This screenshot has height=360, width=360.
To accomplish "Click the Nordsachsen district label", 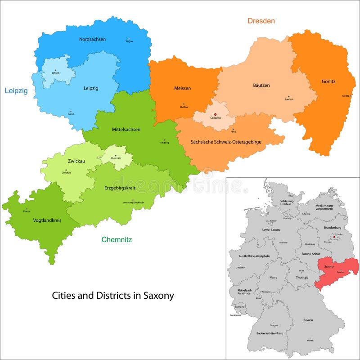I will pyautogui.click(x=92, y=39).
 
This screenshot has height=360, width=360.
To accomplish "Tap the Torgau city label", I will pyautogui.click(x=129, y=41).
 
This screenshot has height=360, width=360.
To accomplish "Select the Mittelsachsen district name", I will pyautogui.click(x=126, y=130).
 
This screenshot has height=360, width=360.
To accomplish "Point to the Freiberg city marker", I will pyautogui.click(x=164, y=140).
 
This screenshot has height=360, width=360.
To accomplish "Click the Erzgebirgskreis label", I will pyautogui.click(x=120, y=188).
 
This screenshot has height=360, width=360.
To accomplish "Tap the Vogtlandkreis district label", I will pyautogui.click(x=47, y=220).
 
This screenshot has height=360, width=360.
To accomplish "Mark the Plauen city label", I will pyautogui.click(x=27, y=211).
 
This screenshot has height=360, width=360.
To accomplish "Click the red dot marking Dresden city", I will pyautogui.click(x=215, y=114).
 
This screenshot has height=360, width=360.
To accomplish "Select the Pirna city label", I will pyautogui.click(x=233, y=132).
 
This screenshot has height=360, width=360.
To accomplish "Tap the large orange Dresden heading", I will pyautogui.click(x=261, y=21).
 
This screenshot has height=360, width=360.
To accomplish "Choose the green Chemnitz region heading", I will pyautogui.click(x=117, y=240).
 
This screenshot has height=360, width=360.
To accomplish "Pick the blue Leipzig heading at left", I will pyautogui.click(x=16, y=90).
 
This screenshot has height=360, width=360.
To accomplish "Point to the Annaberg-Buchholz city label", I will pyautogui.click(x=133, y=203).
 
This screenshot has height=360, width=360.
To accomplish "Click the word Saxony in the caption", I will pyautogui.click(x=158, y=296).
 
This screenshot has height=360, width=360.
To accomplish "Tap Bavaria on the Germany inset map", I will pyautogui.click(x=308, y=320).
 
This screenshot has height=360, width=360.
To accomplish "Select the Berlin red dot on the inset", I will pyautogui.click(x=334, y=237).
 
